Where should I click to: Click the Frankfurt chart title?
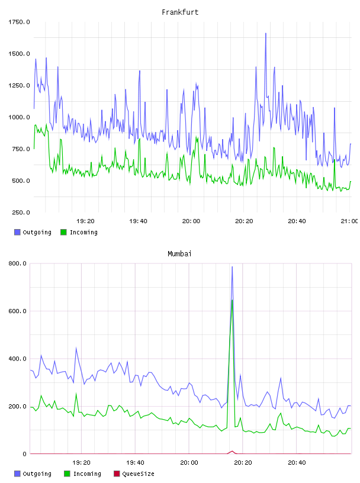(180, 12)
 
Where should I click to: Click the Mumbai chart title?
(179, 254)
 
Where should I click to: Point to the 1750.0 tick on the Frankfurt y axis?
(19, 22)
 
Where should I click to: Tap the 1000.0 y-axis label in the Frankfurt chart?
(19, 117)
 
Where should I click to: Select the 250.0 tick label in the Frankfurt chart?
(21, 212)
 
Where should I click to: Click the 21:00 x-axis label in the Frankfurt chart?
(349, 221)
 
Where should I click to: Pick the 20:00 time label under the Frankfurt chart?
(191, 221)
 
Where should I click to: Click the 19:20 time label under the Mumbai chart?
(81, 462)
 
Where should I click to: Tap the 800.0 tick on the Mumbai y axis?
(18, 263)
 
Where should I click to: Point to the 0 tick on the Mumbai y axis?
(25, 454)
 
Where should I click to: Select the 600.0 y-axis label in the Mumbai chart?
(18, 311)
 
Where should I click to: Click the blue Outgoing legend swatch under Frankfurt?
(17, 232)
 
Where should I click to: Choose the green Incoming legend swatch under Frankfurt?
(63, 232)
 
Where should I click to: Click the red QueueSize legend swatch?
(117, 474)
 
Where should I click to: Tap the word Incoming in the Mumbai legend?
(87, 474)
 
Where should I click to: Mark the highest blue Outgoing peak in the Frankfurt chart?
(266, 33)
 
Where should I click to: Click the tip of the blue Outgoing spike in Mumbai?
(232, 267)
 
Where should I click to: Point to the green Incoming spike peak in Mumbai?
(232, 300)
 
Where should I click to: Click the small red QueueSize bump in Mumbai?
(232, 452)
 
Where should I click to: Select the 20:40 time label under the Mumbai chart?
(297, 462)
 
